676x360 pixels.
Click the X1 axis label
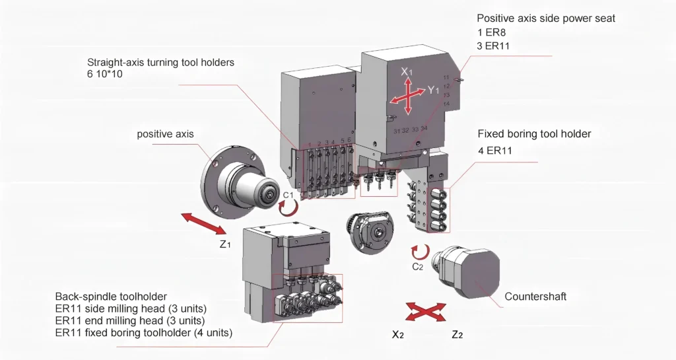click(x=407, y=72)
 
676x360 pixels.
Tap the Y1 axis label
click(x=433, y=90)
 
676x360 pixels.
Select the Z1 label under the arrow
click(x=225, y=244)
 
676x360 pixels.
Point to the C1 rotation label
click(x=288, y=195)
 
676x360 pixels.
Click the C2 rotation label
click(x=417, y=266)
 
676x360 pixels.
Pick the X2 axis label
click(x=398, y=334)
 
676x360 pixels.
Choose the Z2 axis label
click(x=457, y=334)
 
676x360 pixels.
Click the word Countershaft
click(x=535, y=297)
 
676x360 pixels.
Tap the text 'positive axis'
click(x=165, y=134)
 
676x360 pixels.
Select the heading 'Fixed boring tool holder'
click(x=534, y=133)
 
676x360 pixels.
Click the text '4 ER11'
click(x=494, y=151)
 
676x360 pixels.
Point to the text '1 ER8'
click(x=491, y=32)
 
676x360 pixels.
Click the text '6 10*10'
click(x=105, y=74)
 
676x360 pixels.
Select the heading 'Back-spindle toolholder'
click(x=111, y=297)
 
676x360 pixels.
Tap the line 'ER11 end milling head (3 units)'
click(x=130, y=321)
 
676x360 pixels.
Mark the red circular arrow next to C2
click(x=421, y=252)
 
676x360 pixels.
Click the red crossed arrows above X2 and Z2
click(x=426, y=312)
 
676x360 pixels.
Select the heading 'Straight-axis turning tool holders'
click(x=161, y=62)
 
